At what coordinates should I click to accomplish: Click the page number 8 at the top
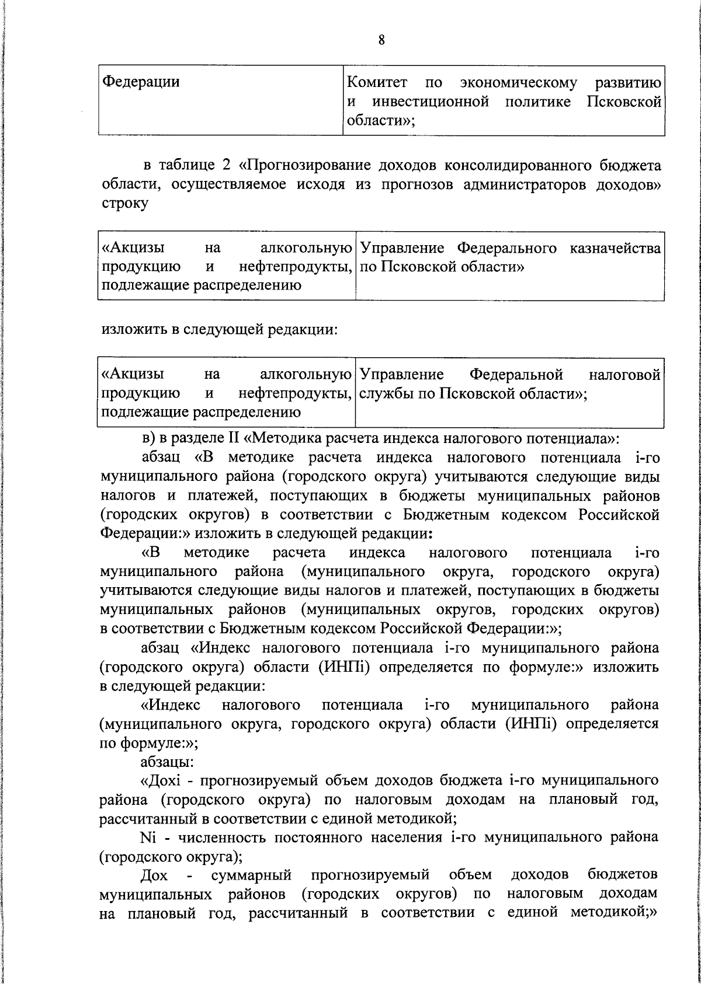[381, 40]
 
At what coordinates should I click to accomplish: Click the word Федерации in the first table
[141, 82]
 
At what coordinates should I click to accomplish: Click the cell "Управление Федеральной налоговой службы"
[509, 384]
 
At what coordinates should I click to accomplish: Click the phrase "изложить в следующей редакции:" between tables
[220, 330]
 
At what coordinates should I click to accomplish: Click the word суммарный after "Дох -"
[251, 875]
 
